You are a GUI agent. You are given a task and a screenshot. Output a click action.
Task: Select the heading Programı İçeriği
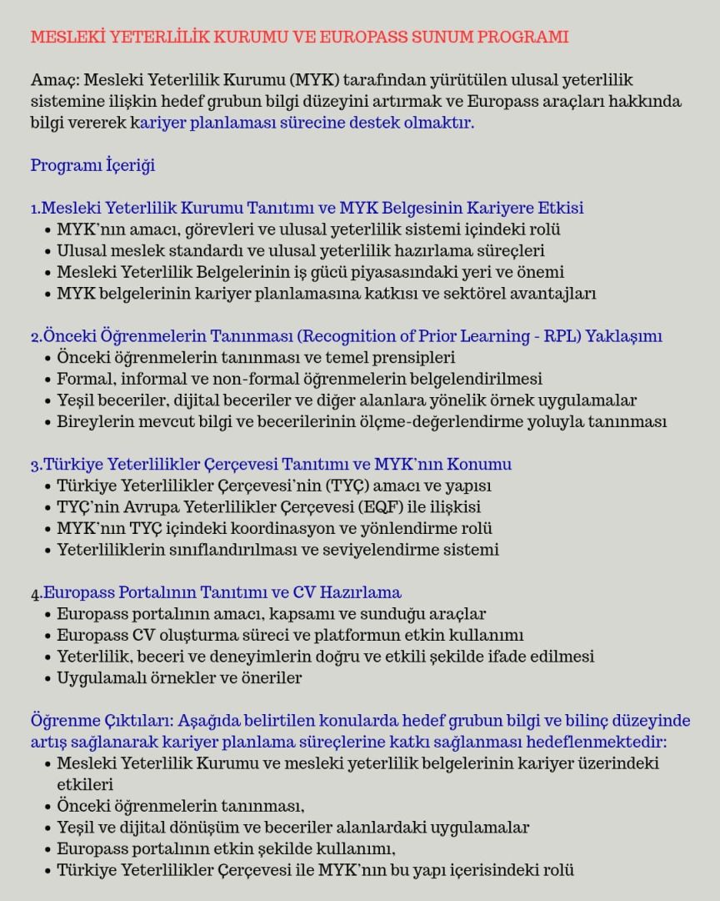92,165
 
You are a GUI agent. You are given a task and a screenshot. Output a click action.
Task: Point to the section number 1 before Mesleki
34,209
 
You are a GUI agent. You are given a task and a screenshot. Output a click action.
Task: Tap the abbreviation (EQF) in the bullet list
387,507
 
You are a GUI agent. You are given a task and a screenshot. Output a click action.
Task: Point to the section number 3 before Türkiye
35,465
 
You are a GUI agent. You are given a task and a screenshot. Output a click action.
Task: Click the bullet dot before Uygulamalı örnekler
47,678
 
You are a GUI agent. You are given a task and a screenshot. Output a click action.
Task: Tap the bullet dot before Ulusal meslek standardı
47,251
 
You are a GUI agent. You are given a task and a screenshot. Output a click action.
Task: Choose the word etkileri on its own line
85,784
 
